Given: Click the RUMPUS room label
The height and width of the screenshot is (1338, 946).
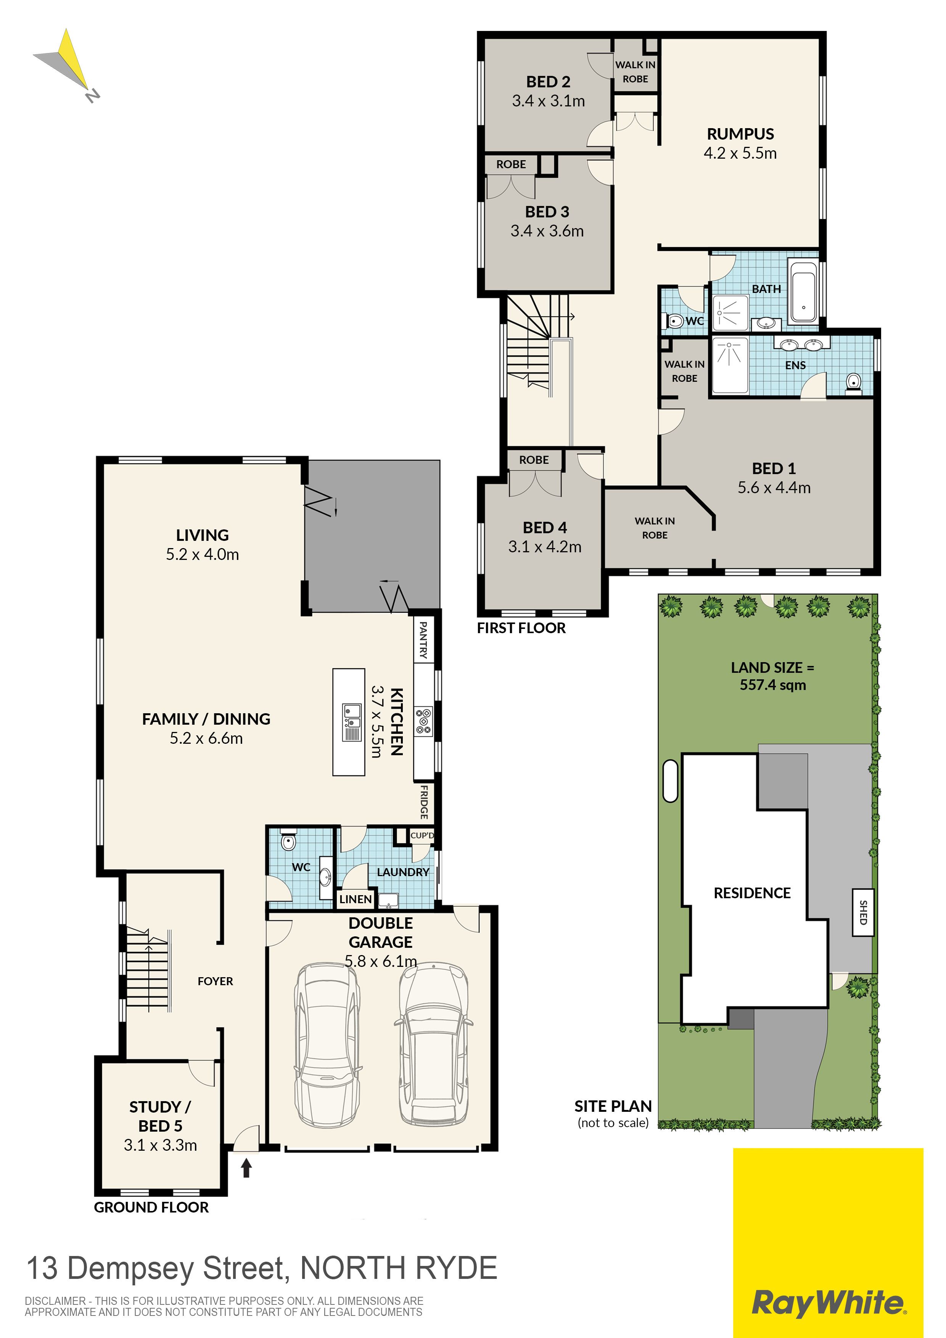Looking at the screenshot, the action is [740, 134].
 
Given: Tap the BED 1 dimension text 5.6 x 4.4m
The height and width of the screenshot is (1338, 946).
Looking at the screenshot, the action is [774, 488].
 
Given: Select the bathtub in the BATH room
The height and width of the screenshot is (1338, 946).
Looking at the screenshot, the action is [803, 293].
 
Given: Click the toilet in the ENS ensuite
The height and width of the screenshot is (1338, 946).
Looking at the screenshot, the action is [853, 382].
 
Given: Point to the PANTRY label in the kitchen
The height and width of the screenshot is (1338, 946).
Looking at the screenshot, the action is [423, 640].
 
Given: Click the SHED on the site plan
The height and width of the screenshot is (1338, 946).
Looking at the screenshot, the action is [862, 912].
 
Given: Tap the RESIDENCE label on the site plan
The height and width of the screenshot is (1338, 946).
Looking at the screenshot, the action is [752, 893].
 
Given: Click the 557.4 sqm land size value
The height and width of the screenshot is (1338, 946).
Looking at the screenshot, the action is [773, 685].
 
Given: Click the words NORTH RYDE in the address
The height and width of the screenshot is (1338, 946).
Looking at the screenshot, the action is [399, 1268].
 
